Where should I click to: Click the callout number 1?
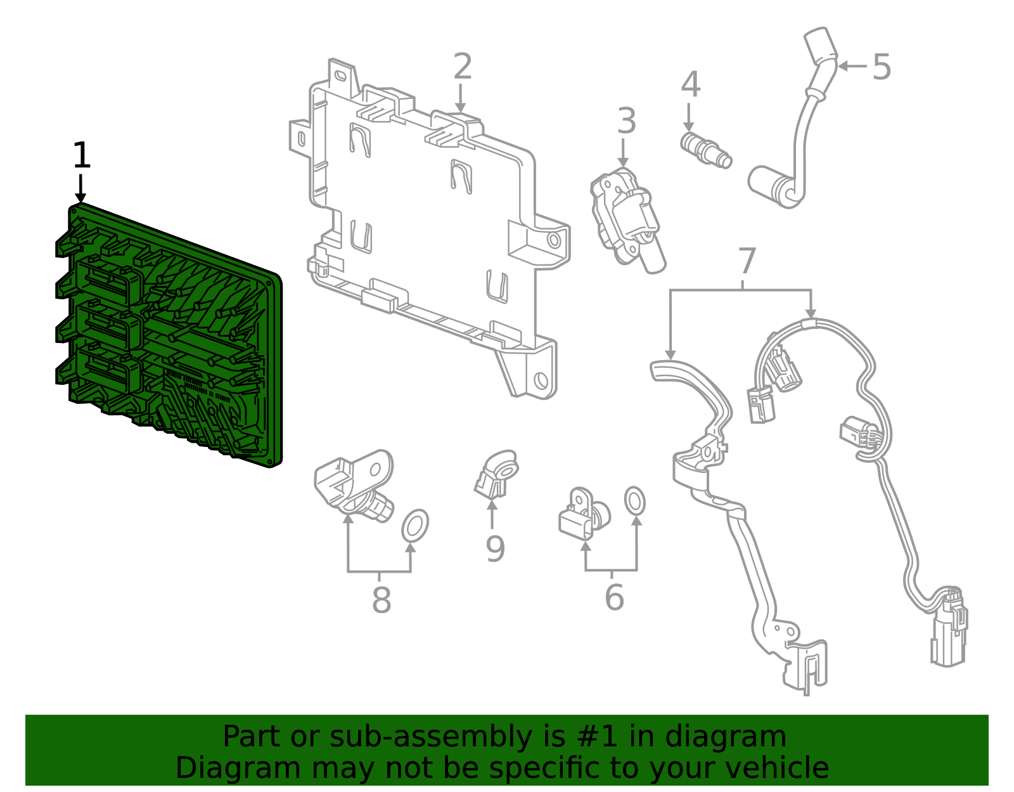(81, 155)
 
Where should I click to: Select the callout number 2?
(463, 67)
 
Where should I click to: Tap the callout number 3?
(626, 121)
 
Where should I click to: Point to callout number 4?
(690, 84)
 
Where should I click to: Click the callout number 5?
(882, 67)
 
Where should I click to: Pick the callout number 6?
(613, 597)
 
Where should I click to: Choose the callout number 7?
(747, 261)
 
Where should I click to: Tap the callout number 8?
(381, 600)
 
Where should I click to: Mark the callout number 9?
(495, 549)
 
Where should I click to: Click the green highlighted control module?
(171, 336)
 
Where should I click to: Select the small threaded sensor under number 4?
(705, 150)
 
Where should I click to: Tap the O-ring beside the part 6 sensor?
(634, 501)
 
